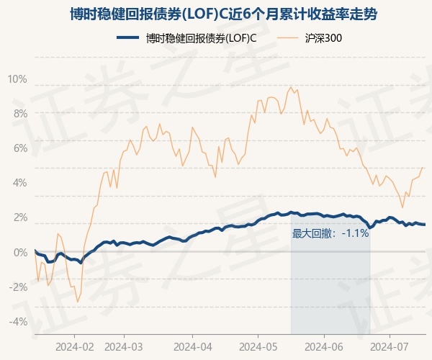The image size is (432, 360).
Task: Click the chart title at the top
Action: tap(223, 14)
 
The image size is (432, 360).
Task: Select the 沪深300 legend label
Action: tap(323, 38)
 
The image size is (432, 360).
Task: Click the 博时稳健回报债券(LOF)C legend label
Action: tap(201, 38)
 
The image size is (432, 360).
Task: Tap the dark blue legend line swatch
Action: tap(127, 37)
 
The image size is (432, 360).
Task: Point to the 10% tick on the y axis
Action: tap(17, 79)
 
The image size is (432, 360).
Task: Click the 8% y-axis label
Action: tap(20, 114)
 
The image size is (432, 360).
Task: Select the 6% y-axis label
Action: tap(20, 148)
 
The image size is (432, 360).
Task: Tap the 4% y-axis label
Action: tap(20, 183)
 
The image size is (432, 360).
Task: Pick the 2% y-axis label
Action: tap(20, 217)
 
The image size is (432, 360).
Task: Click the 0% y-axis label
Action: tap(20, 252)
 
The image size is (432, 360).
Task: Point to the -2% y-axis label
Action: tap(18, 287)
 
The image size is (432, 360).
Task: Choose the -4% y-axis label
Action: tap(18, 321)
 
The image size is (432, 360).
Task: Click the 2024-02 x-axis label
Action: tap(75, 346)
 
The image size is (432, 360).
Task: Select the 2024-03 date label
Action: tap(124, 346)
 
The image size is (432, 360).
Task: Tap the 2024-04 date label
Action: tap(193, 346)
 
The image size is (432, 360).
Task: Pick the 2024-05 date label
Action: tap(258, 346)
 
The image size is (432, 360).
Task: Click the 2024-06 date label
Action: tap(324, 346)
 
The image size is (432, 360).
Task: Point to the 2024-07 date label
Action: tap(390, 346)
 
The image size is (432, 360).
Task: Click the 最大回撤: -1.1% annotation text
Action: tap(330, 233)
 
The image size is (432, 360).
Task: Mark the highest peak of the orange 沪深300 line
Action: tap(291, 87)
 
